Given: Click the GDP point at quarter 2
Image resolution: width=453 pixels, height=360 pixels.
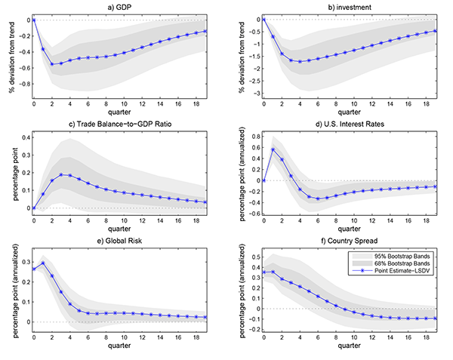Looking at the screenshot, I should pyautogui.click(x=52, y=64).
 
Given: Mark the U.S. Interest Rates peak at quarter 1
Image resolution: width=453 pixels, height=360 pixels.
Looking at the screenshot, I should pyautogui.click(x=273, y=149).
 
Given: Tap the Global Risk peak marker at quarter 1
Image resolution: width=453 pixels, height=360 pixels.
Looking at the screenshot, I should pyautogui.click(x=43, y=263).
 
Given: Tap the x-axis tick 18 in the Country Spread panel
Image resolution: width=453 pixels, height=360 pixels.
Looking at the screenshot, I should pyautogui.click(x=427, y=337).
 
